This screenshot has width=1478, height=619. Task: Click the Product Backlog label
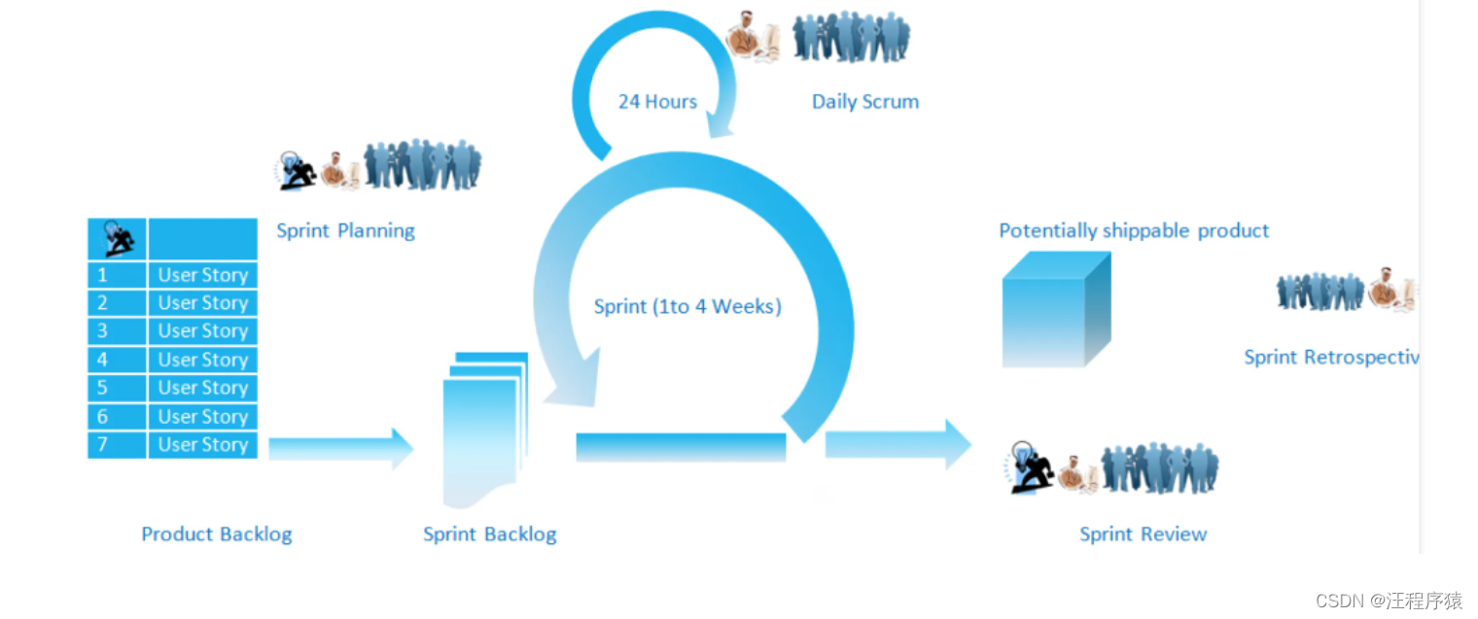point(216,533)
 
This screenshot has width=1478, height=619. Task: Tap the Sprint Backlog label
point(489,533)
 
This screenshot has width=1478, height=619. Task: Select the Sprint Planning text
point(345,230)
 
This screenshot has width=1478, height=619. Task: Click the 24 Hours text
point(657,101)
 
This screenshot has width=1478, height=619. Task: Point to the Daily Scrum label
point(864,101)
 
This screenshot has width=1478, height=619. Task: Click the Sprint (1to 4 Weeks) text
point(687,307)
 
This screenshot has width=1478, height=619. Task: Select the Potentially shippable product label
point(1134,230)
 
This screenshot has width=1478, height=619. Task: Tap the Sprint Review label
point(1143,533)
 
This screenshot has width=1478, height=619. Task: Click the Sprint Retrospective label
point(1329,357)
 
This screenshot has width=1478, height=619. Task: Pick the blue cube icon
point(1055,310)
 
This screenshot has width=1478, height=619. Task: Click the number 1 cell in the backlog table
point(117,275)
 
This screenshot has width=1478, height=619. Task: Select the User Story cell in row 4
point(202,360)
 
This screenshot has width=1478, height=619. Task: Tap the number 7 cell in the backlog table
point(117,445)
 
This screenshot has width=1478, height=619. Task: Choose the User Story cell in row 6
point(202,417)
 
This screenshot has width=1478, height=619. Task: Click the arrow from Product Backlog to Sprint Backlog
point(340,448)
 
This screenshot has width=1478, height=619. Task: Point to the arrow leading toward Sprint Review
point(897,445)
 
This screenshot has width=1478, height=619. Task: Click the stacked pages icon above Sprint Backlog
point(484,428)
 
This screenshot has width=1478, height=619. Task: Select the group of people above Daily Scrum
point(851,37)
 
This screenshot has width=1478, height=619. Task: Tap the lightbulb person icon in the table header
point(117,238)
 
